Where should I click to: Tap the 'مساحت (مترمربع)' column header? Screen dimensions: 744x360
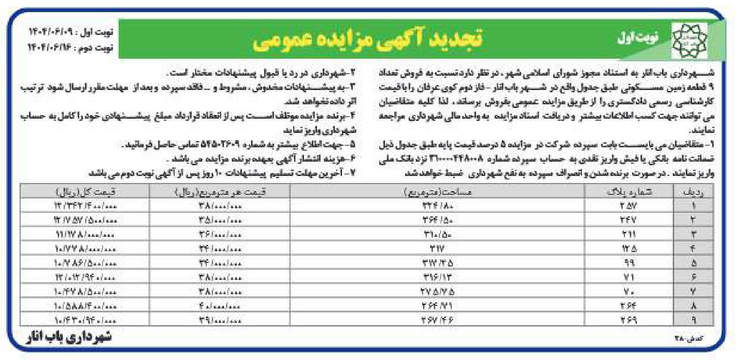437,192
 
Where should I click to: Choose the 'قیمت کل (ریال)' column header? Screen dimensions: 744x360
85,192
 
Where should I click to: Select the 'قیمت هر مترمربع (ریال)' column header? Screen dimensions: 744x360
219,192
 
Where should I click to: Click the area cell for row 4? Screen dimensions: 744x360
437,249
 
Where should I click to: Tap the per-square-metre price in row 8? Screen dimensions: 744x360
219,306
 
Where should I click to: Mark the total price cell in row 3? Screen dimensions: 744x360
85,234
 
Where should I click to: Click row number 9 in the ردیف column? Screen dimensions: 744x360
694,321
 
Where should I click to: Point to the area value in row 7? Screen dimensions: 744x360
437,292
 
